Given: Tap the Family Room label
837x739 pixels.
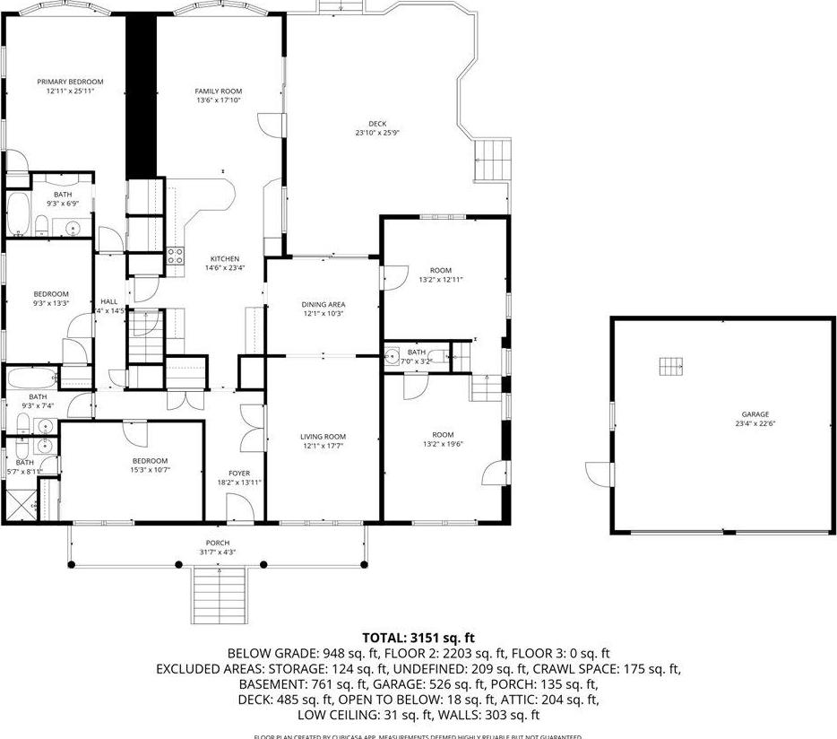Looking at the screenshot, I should point(219,91).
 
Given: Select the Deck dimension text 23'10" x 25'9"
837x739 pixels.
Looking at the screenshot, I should point(376,134).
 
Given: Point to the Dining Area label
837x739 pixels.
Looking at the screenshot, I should point(323,305).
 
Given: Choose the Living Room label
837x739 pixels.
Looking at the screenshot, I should point(323,437).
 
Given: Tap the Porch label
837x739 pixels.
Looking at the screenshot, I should point(217,543).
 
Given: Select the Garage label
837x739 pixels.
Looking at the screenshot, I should point(755,414).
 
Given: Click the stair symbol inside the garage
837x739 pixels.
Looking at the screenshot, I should point(671,366).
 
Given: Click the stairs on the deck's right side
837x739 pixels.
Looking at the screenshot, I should point(492,161).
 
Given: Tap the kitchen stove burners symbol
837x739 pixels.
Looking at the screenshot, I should point(176,256).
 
